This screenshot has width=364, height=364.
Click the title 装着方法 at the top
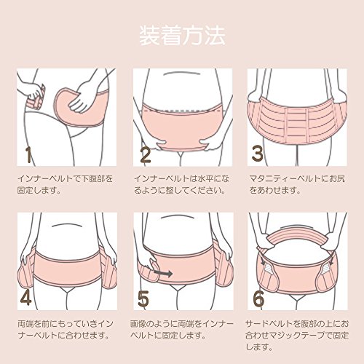point(182,36)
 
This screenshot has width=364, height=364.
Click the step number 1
point(28,154)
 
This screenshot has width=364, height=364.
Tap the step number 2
point(146,154)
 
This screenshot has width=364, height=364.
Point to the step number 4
point(25,298)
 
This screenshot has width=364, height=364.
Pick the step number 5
point(143,298)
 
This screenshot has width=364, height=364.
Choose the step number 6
point(258,298)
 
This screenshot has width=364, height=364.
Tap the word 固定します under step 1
point(36,190)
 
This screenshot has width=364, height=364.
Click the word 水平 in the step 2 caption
point(203,178)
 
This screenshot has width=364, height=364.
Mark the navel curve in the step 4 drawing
point(66,225)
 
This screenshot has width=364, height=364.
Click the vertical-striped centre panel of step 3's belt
point(297,126)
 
